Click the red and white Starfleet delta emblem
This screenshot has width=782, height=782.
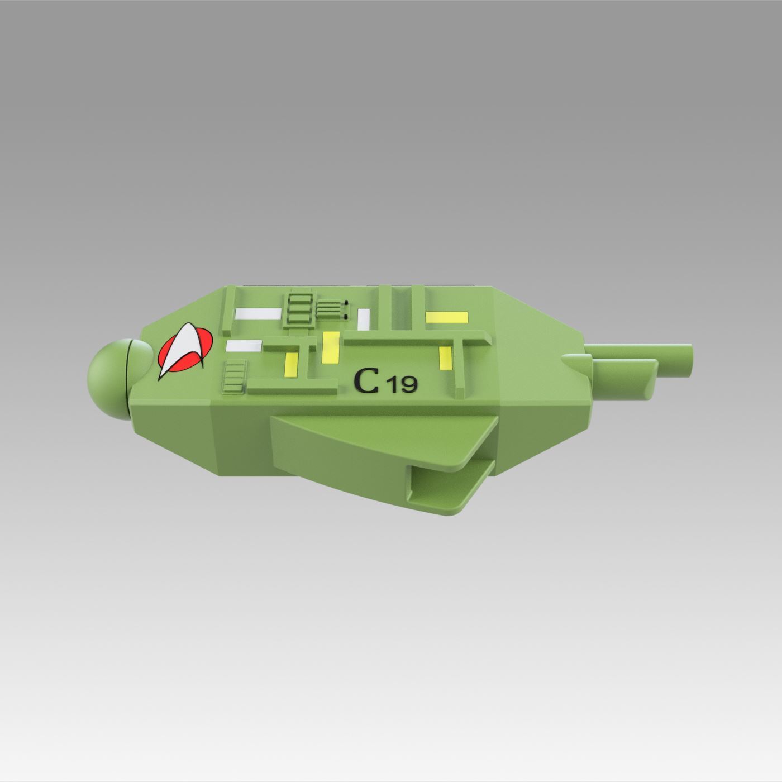183,351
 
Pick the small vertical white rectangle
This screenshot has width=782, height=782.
364,319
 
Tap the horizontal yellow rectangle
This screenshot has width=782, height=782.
447,317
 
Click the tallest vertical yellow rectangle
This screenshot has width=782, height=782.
331,347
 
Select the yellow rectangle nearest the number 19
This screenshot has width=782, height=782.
445,358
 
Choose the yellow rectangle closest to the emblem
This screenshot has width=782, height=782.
292,364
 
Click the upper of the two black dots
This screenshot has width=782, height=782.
346,303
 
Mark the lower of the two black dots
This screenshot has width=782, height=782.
346,317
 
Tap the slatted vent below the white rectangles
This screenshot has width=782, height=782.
235,375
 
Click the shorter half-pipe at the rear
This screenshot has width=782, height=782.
626,373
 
